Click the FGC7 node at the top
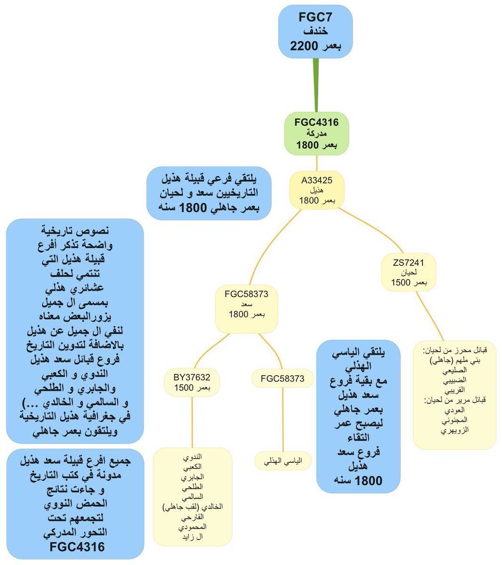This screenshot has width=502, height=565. (x=316, y=32)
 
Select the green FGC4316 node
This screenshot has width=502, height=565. (x=316, y=134)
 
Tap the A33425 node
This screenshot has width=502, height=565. (x=317, y=190)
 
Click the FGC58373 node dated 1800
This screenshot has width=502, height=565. (x=246, y=304)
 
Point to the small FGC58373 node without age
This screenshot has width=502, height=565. (x=283, y=379)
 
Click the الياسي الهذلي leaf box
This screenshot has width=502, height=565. (x=283, y=461)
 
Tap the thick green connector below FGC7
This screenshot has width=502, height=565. (x=316, y=85)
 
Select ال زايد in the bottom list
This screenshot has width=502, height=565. (x=192, y=536)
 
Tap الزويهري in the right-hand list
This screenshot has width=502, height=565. (x=454, y=430)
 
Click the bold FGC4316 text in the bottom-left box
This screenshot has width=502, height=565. (x=77, y=547)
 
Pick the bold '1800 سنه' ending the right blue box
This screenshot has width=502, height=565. (x=358, y=481)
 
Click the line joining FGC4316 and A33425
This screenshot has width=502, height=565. (x=316, y=163)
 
